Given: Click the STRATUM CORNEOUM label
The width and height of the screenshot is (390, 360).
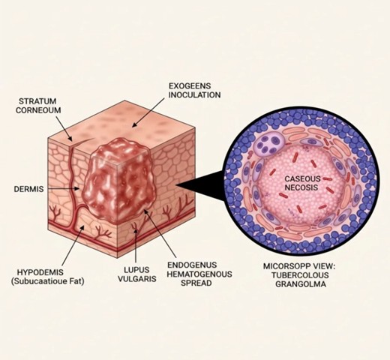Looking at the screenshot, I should tap(37, 106).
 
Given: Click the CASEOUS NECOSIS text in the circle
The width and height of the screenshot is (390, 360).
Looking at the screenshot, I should tap(303, 184).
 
